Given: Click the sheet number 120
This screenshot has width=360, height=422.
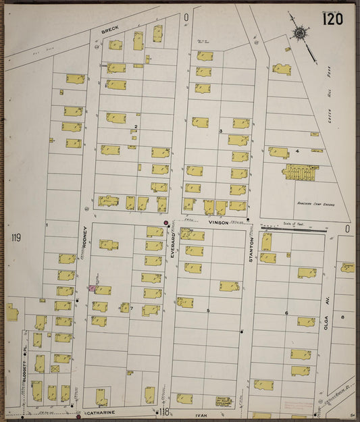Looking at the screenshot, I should tap(332, 18).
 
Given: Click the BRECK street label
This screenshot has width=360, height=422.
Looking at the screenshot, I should tap(109, 30).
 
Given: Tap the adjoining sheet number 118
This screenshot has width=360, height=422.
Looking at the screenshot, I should tap(163, 411).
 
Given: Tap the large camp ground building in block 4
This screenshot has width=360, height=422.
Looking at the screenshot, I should tap(299, 172).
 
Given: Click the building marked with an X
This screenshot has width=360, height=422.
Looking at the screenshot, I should tap(55, 369).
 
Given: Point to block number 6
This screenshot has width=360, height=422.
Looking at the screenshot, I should tap(286, 313).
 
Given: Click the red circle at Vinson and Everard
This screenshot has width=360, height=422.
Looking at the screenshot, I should tap(166, 223).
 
